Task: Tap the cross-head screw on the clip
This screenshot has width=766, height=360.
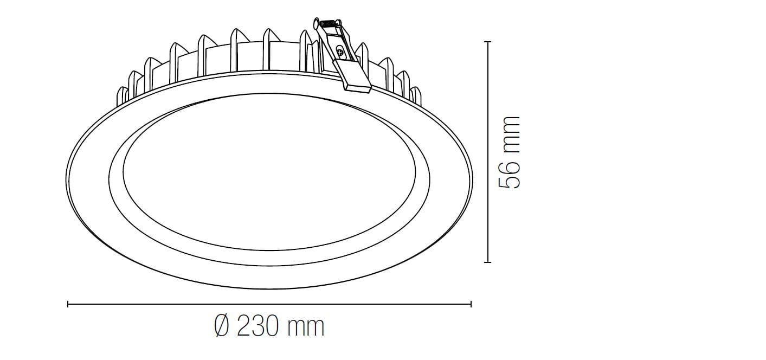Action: coord(340,53)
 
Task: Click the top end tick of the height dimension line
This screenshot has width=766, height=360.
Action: coord(487,42)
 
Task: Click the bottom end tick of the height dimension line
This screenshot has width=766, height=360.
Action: coord(487,262)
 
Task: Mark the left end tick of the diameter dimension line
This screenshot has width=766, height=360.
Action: coord(68,304)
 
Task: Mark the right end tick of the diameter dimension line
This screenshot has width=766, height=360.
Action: coord(471,304)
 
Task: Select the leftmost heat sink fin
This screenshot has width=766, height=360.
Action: coord(121,96)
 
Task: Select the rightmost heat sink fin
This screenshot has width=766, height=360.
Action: coord(416,95)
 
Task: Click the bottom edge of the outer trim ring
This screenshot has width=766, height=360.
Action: coord(269,288)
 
